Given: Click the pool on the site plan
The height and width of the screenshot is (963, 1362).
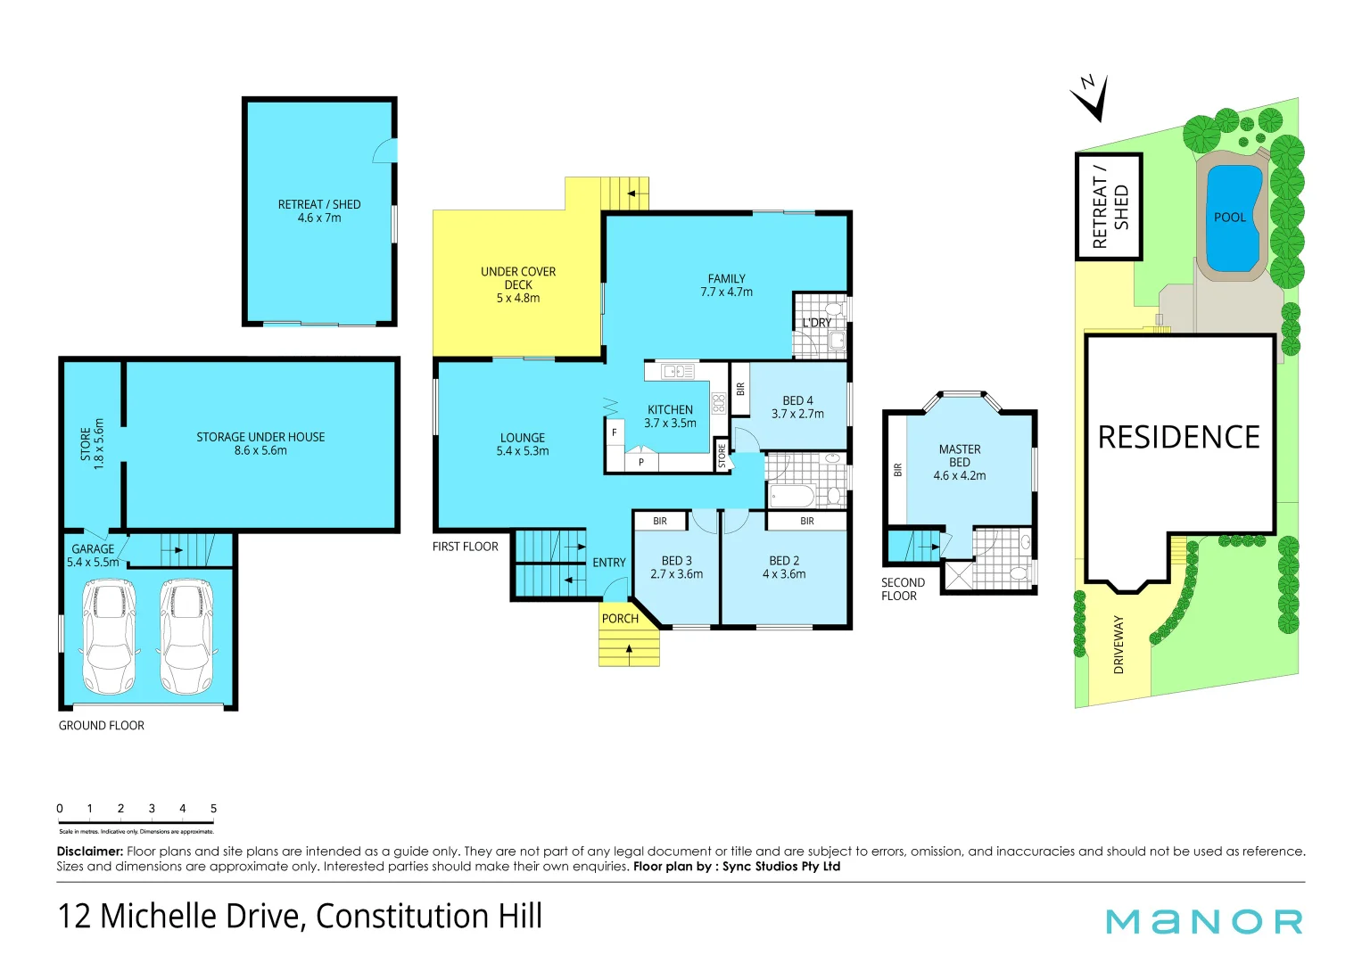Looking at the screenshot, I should [x=1233, y=218].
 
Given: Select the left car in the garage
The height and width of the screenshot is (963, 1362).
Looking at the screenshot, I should [x=109, y=636].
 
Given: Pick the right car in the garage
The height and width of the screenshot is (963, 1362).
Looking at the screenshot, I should [x=186, y=636].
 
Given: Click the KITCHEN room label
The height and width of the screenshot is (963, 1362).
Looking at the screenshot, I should [x=670, y=409].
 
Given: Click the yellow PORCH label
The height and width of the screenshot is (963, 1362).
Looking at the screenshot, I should [x=620, y=619].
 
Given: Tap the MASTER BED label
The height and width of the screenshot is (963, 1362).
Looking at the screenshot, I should [x=960, y=456].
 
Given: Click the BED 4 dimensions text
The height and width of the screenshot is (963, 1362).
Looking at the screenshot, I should [x=797, y=414].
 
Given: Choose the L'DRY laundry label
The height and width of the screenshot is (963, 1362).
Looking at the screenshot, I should [x=816, y=323].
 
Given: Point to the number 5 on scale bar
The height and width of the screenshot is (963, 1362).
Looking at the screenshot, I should [x=213, y=809].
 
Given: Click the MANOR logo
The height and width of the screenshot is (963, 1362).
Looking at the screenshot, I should [x=1204, y=921].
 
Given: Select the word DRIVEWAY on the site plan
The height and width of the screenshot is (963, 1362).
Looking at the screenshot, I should [x=1118, y=644].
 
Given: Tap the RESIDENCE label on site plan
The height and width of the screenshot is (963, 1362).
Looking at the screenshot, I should [x=1178, y=437].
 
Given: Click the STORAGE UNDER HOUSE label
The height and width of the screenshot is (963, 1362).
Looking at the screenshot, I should [x=260, y=437].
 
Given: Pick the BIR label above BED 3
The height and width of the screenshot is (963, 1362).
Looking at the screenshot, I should [x=660, y=521].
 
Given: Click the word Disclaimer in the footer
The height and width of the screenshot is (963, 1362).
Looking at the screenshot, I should [x=89, y=852].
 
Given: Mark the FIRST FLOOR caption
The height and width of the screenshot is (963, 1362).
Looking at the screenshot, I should [x=465, y=547].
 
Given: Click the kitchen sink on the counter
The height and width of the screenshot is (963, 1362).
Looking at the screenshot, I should [x=678, y=371].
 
